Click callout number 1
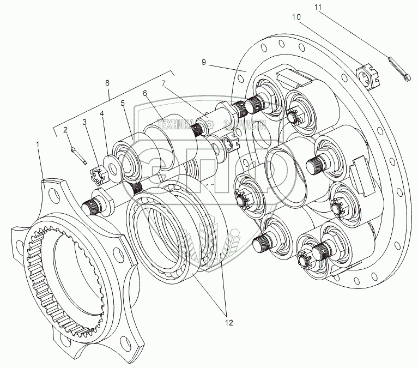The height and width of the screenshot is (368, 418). click(x=38, y=144)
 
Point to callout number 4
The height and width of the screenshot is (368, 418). click(x=101, y=113)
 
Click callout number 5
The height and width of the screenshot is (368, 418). click(x=123, y=102)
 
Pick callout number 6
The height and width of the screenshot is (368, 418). click(x=145, y=93)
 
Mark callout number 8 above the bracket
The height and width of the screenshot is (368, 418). click(x=107, y=82)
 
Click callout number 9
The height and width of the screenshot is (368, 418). click(x=203, y=63)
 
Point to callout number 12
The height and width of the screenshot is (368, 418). click(x=228, y=323)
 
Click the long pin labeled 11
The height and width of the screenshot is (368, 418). click(x=400, y=71)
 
